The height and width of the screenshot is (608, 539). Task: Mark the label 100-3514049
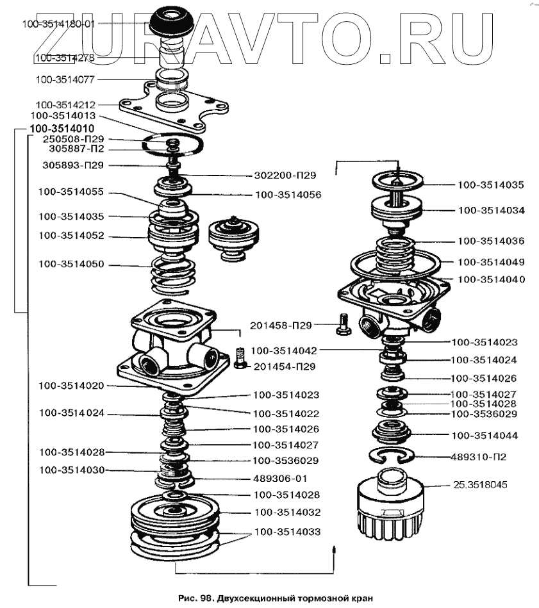(x=491, y=261)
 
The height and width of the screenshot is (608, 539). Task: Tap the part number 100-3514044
(x=485, y=436)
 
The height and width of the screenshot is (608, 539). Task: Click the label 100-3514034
(x=491, y=210)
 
